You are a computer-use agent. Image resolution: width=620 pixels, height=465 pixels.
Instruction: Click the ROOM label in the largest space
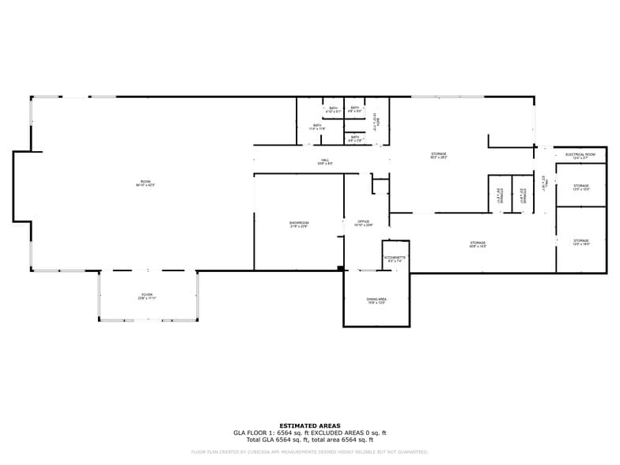(x=142, y=183)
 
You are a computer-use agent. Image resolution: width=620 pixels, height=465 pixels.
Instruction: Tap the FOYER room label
(x=147, y=296)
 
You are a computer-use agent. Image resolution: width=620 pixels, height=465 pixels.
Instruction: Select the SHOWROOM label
(x=298, y=225)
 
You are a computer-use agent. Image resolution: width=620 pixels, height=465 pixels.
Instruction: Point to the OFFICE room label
(x=364, y=223)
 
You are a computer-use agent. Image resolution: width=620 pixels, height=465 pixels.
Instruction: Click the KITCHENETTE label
(x=395, y=259)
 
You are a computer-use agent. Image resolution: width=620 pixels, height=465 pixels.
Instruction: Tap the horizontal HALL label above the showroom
(x=325, y=161)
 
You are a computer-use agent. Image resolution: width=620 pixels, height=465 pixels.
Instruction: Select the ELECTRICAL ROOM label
(x=580, y=156)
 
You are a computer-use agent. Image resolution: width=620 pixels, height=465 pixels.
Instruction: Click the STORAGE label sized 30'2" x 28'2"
(x=438, y=155)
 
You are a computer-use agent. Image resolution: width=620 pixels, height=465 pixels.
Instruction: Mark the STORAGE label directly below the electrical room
(x=581, y=187)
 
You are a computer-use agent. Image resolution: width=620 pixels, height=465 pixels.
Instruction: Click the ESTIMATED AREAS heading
(x=309, y=425)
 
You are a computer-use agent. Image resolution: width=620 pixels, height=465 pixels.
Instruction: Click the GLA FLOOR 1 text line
(x=309, y=433)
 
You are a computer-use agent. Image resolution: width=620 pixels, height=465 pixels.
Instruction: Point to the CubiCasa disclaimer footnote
(x=309, y=452)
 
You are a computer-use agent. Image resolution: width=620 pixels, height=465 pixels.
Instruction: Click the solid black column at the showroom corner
(x=340, y=269)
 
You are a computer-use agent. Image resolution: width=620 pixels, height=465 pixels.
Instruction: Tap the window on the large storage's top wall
(x=447, y=97)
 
